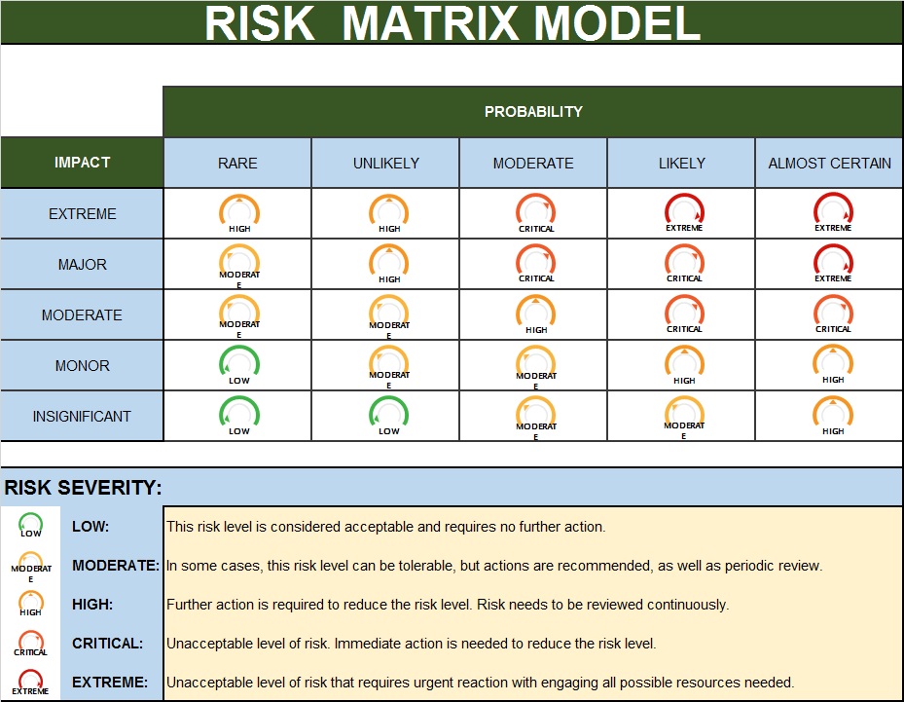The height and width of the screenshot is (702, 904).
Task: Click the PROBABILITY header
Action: [533, 111]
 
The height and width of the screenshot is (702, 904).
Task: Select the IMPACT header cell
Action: [82, 163]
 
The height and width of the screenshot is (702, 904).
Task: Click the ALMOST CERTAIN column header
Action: [829, 164]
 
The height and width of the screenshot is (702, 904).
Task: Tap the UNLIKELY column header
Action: [385, 164]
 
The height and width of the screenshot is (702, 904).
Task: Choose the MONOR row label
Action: [82, 366]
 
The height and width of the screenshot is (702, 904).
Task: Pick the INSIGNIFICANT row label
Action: [82, 417]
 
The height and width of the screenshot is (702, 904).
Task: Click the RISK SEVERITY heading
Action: [83, 488]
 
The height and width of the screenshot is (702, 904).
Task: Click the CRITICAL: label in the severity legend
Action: [107, 644]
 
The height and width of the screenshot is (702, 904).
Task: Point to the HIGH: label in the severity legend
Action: [92, 605]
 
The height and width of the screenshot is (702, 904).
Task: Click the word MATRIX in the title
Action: [431, 23]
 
